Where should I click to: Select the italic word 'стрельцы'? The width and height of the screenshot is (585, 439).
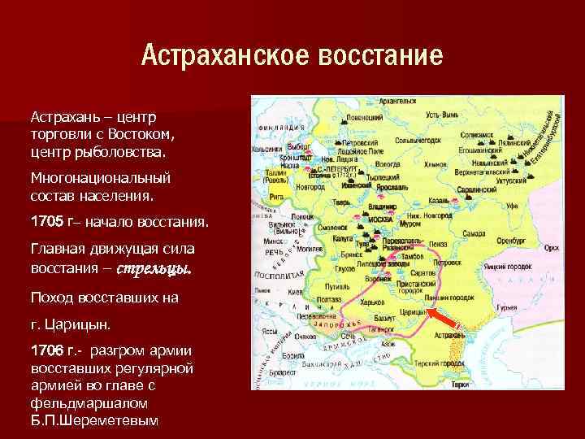click(154, 268)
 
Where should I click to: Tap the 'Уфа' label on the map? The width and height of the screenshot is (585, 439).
click(512, 206)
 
